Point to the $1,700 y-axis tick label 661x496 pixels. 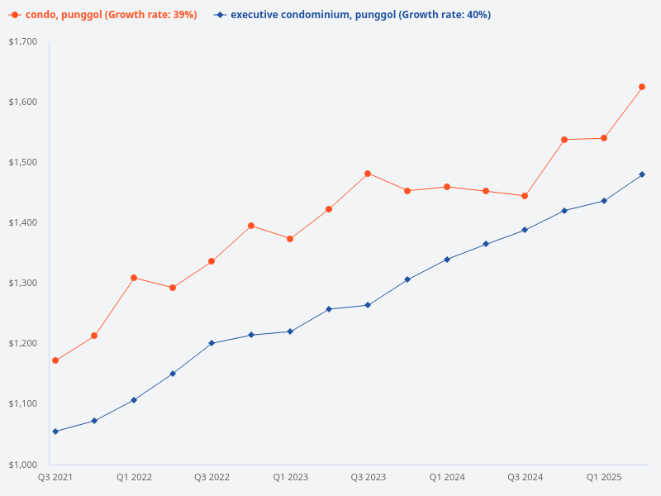point(23,41)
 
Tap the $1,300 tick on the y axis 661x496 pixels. point(23,283)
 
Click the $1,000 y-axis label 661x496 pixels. point(23,464)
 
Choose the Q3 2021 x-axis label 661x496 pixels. point(55,477)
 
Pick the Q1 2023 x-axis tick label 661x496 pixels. point(290,477)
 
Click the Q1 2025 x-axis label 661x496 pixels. point(604,477)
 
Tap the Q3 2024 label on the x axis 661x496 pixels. point(525,477)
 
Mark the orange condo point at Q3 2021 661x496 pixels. point(55,360)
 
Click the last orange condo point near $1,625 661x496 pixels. point(642,87)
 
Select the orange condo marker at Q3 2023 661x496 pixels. point(368,174)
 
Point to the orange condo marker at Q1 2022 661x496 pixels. point(134,278)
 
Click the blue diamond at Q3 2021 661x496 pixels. point(55,432)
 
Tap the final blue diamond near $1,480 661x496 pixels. point(642,174)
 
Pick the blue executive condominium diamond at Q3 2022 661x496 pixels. point(212,343)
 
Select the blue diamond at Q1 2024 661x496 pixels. point(447,260)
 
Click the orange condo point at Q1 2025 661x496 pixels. point(604,138)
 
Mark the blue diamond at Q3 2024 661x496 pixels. point(525,230)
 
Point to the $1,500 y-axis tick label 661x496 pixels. point(23,162)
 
